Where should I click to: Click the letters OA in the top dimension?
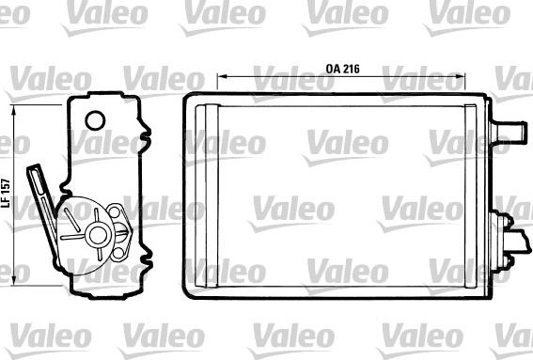333,69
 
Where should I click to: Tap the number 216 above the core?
352,69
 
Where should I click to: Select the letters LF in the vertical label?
6,201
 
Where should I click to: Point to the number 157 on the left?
6,186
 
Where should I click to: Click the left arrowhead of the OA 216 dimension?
222,76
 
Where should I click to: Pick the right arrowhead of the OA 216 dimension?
461,76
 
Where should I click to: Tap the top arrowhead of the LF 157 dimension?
13,109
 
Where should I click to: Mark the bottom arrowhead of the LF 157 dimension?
13,280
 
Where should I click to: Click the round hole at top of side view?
95,120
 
